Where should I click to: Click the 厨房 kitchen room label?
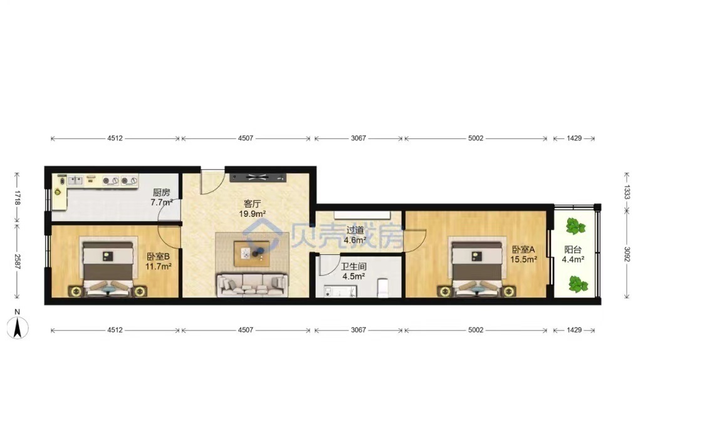tap(162, 192)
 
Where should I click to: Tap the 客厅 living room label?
tap(252, 204)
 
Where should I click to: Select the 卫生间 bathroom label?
tap(354, 267)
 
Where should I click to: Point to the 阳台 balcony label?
tap(573, 250)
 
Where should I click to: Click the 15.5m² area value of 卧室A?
tap(523, 259)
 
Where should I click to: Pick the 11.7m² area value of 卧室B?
tap(159, 266)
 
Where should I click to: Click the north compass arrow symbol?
tap(18, 328)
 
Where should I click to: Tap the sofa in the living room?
tap(252, 284)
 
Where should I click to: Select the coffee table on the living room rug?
tap(251, 253)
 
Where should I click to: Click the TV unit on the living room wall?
tap(258, 177)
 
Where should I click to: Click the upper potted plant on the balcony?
tap(575, 227)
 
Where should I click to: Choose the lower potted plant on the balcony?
tap(577, 284)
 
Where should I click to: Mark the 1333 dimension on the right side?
tap(627, 192)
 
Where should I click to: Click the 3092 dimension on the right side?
tap(627, 255)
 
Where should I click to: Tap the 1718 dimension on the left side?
tap(17, 197)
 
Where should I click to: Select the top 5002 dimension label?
tap(476, 138)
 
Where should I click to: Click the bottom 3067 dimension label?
tap(358, 330)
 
